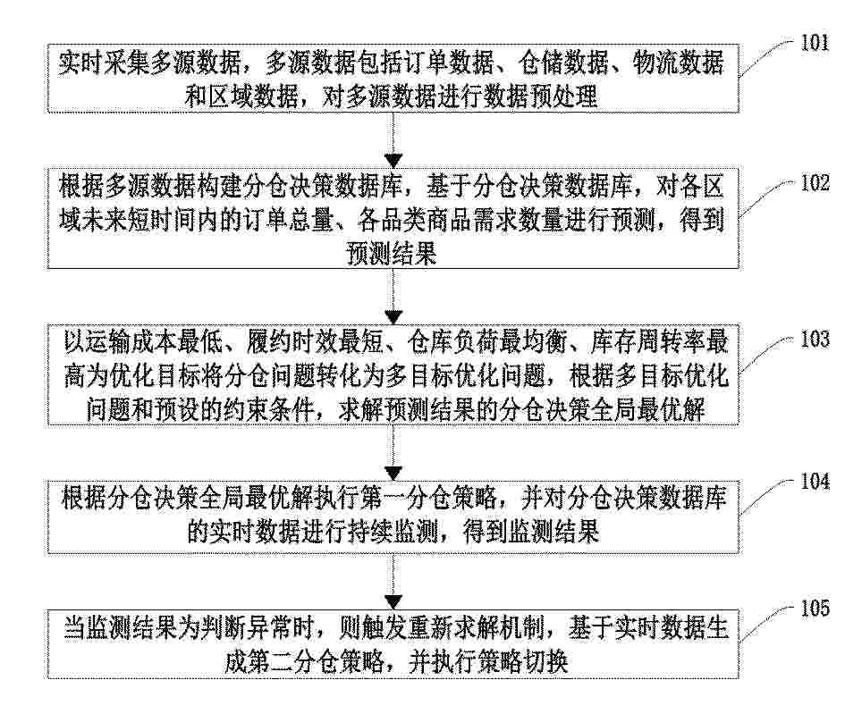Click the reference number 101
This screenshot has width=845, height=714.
click(x=815, y=42)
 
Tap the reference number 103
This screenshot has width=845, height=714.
click(x=815, y=340)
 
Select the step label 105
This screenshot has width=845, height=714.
click(x=815, y=609)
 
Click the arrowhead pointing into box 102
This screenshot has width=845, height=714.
click(x=394, y=161)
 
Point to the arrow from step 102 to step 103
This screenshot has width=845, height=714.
click(x=394, y=297)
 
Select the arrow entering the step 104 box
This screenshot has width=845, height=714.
click(x=394, y=453)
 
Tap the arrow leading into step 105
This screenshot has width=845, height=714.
click(x=394, y=582)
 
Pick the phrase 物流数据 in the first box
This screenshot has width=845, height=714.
click(x=678, y=63)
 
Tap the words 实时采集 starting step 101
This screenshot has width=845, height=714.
click(x=104, y=63)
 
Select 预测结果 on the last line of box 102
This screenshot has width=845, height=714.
click(x=392, y=253)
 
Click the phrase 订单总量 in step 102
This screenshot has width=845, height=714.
click(x=287, y=220)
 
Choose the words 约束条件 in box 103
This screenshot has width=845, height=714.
click(x=268, y=410)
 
